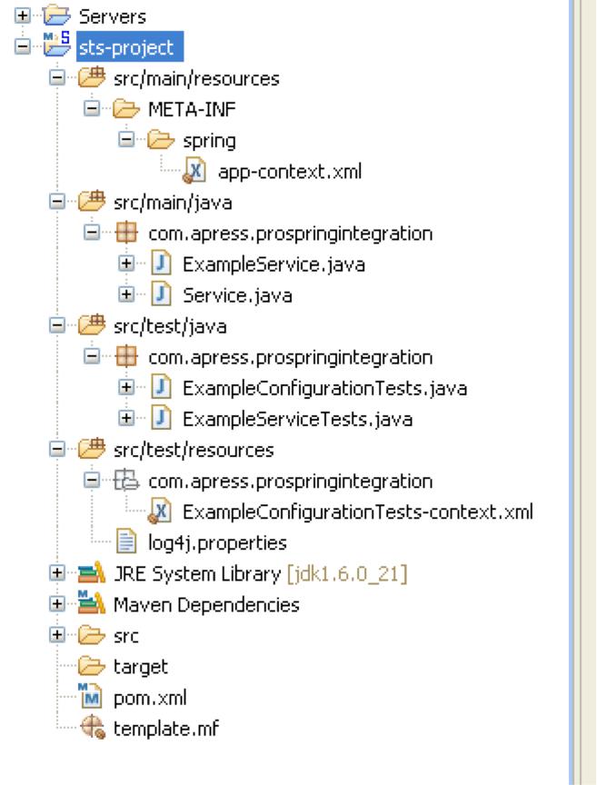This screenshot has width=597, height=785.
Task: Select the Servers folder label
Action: click(112, 16)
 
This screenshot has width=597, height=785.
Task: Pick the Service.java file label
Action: click(236, 295)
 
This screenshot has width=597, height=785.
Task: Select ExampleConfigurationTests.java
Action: click(324, 388)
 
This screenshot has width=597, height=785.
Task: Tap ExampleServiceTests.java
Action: click(297, 419)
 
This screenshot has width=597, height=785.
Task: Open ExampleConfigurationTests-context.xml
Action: click(357, 512)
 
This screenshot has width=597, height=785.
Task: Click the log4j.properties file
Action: click(217, 542)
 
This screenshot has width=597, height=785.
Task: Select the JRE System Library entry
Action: click(196, 573)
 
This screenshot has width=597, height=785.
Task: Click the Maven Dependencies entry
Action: click(206, 604)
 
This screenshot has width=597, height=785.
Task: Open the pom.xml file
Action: click(150, 698)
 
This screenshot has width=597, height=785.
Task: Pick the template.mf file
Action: click(166, 729)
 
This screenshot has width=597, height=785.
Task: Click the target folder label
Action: click(141, 667)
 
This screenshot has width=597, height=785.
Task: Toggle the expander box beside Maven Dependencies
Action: click(57, 604)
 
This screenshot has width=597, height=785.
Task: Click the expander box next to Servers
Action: click(23, 16)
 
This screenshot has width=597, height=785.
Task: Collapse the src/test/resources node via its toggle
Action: click(57, 450)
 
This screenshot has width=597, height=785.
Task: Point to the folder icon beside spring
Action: click(160, 140)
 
